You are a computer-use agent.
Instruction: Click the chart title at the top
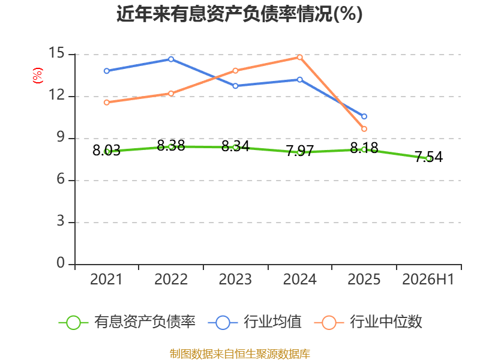click(x=239, y=14)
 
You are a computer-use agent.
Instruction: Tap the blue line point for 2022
click(x=171, y=59)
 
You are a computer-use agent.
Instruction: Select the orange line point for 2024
click(x=299, y=57)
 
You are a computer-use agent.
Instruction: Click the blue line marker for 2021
click(x=107, y=71)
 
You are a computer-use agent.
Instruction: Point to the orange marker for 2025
click(x=364, y=129)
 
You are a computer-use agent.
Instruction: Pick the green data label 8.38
click(x=171, y=145)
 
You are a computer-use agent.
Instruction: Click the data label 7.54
click(x=428, y=157)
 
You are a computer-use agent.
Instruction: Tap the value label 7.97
click(x=299, y=151)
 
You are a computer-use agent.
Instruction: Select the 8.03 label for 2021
click(x=107, y=151)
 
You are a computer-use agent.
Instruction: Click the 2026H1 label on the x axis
click(x=428, y=279)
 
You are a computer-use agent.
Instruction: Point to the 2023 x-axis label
click(x=235, y=279)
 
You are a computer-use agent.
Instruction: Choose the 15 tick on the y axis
click(x=56, y=53)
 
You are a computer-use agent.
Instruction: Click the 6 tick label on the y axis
click(x=61, y=179)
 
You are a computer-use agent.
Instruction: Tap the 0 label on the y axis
click(x=61, y=263)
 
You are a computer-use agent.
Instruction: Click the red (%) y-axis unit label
click(x=38, y=76)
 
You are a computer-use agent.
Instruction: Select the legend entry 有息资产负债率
click(x=127, y=322)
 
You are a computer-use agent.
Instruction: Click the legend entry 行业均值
click(x=254, y=322)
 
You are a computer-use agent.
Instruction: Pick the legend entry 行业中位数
click(x=368, y=322)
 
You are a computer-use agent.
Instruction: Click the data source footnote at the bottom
click(x=240, y=354)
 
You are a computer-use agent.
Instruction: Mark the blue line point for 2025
click(x=364, y=116)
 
